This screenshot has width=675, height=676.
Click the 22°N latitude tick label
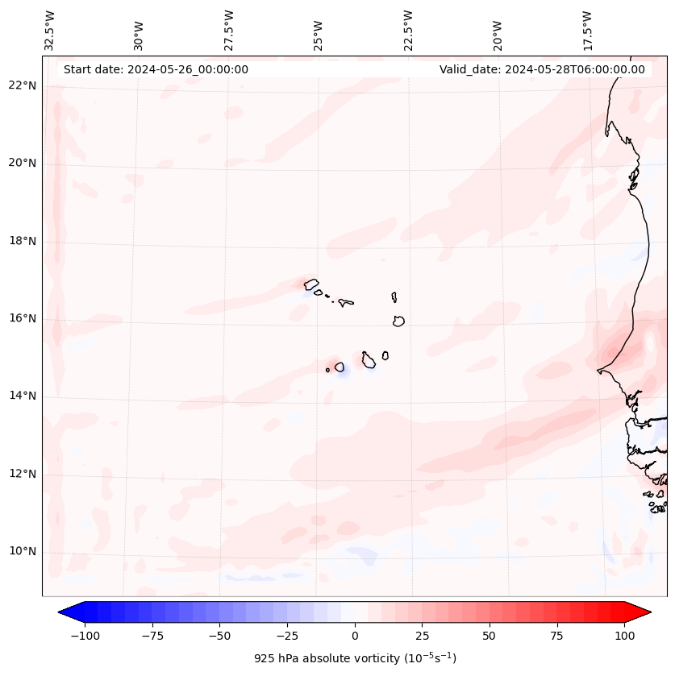23,86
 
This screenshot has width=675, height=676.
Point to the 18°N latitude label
23,241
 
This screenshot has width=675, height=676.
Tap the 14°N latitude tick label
23,396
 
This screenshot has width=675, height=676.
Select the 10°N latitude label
23,552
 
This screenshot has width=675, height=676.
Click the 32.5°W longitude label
50,30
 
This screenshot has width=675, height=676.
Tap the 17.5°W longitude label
587,30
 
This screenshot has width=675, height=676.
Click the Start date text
156,69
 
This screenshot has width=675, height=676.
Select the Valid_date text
542,69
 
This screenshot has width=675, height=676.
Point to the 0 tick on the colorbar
355,636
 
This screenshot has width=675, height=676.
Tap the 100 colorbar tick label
624,636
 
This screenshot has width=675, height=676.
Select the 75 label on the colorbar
556,636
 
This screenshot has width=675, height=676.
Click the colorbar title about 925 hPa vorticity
355,658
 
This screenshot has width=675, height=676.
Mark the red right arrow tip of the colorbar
649,612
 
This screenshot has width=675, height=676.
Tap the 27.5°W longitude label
229,30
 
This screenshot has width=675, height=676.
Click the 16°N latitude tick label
23,318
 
